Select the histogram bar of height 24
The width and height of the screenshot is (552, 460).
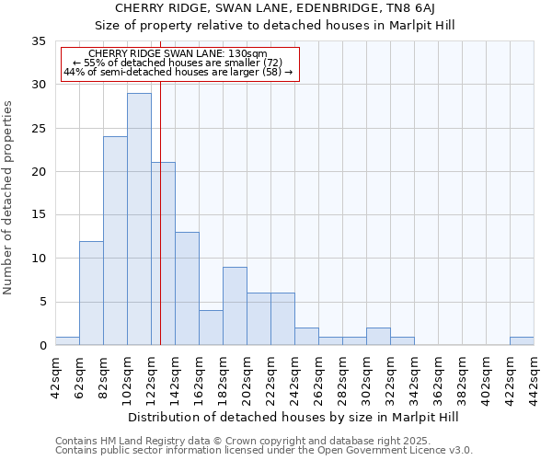tap(115, 241)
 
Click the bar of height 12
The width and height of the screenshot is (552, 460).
tap(91, 293)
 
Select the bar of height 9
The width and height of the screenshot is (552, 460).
tap(235, 306)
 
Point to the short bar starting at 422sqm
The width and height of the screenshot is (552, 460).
tap(522, 341)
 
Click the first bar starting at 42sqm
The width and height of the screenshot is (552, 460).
tap(67, 341)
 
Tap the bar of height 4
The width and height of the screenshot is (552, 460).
tap(211, 328)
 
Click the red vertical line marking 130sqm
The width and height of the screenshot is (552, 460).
tap(160, 230)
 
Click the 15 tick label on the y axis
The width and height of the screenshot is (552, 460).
tap(39, 215)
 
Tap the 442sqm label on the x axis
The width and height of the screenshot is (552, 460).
tap(535, 375)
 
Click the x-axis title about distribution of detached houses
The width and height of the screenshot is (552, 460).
tap(294, 417)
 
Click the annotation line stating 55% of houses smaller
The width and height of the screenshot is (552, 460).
tap(178, 63)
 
